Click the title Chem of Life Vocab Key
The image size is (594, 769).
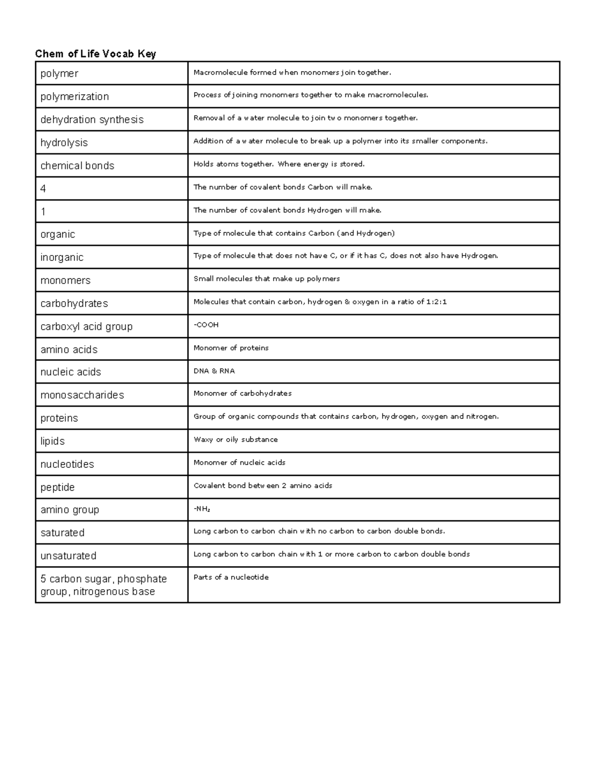pyautogui.click(x=96, y=54)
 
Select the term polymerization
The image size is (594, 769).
pyautogui.click(x=75, y=97)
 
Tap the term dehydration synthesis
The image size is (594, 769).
pyautogui.click(x=92, y=120)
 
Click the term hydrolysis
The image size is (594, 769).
pyautogui.click(x=64, y=143)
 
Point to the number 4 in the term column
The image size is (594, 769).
pyautogui.click(x=43, y=189)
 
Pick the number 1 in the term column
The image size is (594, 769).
pyautogui.click(x=43, y=212)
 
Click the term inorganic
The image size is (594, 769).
pyautogui.click(x=62, y=257)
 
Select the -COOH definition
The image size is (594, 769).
pyautogui.click(x=206, y=325)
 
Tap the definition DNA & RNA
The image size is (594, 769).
pyautogui.click(x=214, y=371)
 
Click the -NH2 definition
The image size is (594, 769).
pyautogui.click(x=202, y=509)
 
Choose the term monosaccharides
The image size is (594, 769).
pyautogui.click(x=82, y=395)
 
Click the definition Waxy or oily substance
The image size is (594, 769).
pyautogui.click(x=236, y=440)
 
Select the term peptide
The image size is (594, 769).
pyautogui.click(x=57, y=487)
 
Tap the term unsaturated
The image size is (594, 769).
pyautogui.click(x=68, y=556)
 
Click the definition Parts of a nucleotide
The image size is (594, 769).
pyautogui.click(x=231, y=577)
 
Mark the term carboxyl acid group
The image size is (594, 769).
pyautogui.click(x=87, y=326)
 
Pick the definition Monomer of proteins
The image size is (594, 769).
pyautogui.click(x=231, y=348)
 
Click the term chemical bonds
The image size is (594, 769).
pyautogui.click(x=77, y=166)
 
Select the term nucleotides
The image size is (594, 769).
pyautogui.click(x=67, y=464)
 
